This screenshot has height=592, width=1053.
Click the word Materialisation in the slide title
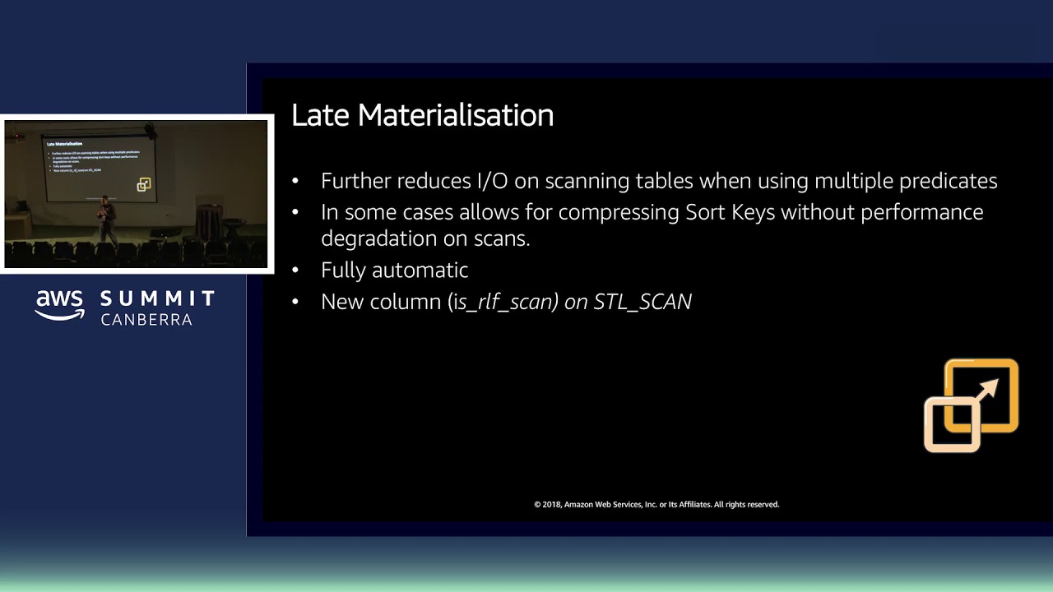coord(456,115)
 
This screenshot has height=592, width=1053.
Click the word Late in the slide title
coord(320,115)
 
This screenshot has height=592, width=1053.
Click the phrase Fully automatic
coord(394,271)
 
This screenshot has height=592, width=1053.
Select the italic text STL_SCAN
coord(642,302)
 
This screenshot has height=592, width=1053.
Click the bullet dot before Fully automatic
coord(296,271)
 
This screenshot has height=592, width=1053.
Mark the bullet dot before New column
coord(296,302)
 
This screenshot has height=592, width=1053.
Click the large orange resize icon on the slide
coord(971,405)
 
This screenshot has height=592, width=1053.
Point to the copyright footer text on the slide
coord(656,504)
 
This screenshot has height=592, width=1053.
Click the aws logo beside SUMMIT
coord(60,305)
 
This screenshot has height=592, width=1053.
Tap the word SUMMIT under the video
coord(157,298)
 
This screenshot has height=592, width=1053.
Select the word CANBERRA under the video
coord(146,319)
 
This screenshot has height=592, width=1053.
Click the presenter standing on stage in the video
coord(105,218)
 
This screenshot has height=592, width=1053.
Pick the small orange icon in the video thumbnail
coord(144,185)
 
